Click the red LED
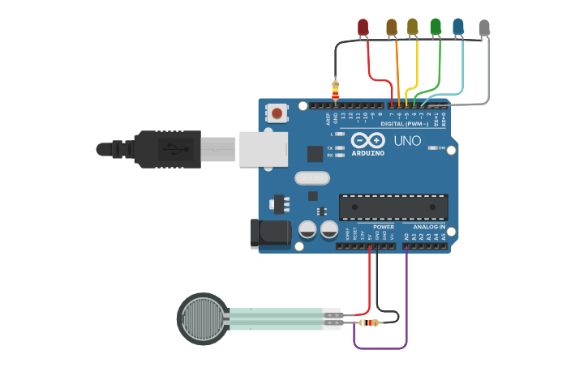tap(363, 28)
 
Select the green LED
tap(436, 28)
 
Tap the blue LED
tap(459, 28)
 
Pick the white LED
tap(484, 28)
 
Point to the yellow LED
tap(413, 28)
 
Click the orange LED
tap(392, 28)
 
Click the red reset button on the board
tap(278, 113)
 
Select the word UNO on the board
tap(407, 141)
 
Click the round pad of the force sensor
tap(203, 318)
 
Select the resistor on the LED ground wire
tap(336, 89)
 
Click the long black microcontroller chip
tap(393, 207)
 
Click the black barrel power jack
tap(270, 233)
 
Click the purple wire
tap(380, 348)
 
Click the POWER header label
tap(384, 227)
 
